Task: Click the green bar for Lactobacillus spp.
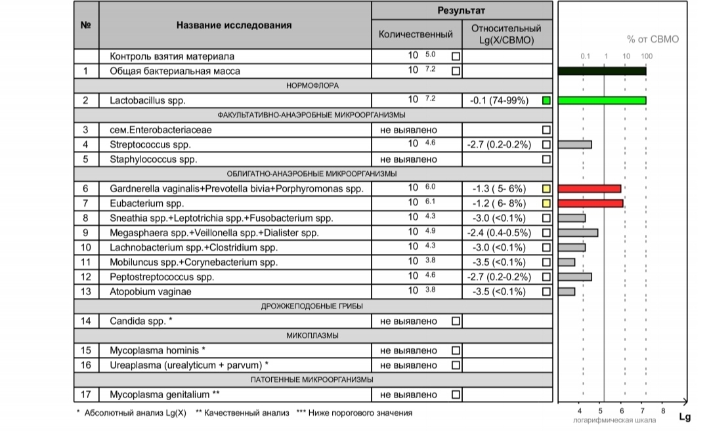point(602,100)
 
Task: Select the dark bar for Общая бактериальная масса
point(602,71)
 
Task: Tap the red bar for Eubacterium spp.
point(590,203)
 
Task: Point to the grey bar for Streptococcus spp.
point(574,144)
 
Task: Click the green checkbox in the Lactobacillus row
point(546,101)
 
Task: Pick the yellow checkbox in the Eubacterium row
point(546,203)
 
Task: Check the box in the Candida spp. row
point(456,321)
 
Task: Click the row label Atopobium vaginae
point(150,291)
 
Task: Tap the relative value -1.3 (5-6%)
point(500,189)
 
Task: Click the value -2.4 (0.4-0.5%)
point(500,233)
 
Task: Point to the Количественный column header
point(416,34)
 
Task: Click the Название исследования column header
point(234,26)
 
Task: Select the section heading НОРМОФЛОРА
point(312,85)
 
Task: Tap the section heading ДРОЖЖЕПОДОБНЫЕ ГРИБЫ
point(312,306)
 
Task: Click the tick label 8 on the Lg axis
point(662,411)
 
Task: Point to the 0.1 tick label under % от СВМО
point(585,56)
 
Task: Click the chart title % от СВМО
point(653,39)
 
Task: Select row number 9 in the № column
point(85,233)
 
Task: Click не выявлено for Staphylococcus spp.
point(408,159)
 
